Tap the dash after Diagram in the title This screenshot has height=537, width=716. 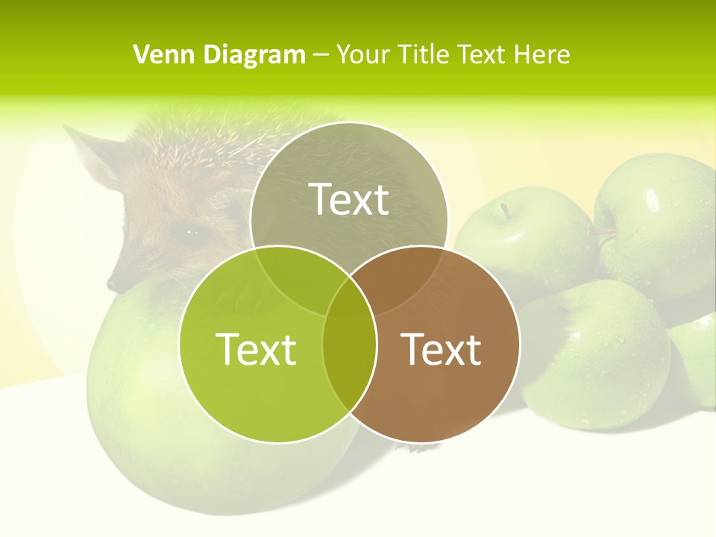(x=321, y=55)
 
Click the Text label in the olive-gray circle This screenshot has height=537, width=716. (x=349, y=199)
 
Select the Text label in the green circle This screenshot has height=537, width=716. (x=256, y=349)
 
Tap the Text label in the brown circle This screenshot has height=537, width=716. (x=442, y=349)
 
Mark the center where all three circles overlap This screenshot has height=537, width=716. (x=350, y=298)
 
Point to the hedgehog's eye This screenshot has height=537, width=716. (x=192, y=233)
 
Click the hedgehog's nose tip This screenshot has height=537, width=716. (x=112, y=285)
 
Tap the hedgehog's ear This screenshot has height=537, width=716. (x=89, y=153)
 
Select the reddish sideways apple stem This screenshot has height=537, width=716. (x=603, y=233)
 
